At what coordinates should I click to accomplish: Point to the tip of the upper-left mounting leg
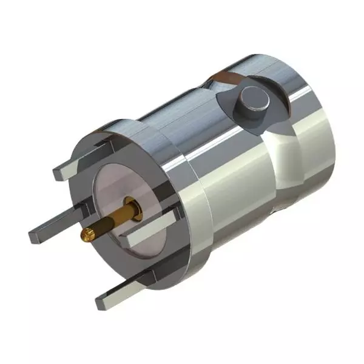59,174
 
